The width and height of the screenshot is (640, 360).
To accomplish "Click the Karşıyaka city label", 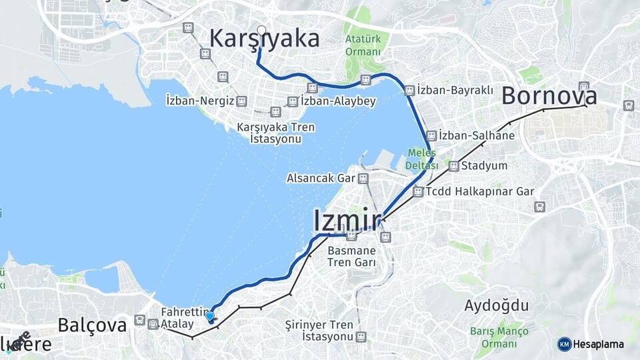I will tap(264, 39).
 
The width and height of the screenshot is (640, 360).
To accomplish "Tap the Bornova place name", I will tap(549, 95).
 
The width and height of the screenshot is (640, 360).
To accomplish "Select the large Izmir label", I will tap(347, 221).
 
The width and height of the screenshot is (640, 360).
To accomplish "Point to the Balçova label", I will tap(92, 325).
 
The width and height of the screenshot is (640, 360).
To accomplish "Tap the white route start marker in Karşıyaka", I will tap(261, 30).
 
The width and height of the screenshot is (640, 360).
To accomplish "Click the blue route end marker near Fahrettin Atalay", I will tap(210, 317).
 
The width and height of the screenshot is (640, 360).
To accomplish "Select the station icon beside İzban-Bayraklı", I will tap(409, 89).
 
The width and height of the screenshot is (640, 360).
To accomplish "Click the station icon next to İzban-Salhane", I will tap(432, 135).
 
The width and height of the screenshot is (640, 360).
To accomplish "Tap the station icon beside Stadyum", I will tap(454, 165).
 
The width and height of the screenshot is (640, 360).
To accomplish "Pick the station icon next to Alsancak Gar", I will tap(363, 178).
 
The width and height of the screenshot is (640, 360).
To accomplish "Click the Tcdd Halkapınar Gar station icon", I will tap(418, 191).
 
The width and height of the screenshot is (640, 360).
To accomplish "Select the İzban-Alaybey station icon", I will tap(292, 101).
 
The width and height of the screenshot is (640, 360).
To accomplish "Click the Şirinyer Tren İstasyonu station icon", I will tap(361, 337).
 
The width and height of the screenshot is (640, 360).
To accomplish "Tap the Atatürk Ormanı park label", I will tap(363, 45).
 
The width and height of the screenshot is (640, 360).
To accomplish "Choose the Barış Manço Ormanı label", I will tap(499, 337).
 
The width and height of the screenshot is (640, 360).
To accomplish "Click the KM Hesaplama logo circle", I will tap(565, 344).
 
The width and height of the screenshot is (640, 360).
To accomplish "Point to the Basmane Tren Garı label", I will tap(351, 257).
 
